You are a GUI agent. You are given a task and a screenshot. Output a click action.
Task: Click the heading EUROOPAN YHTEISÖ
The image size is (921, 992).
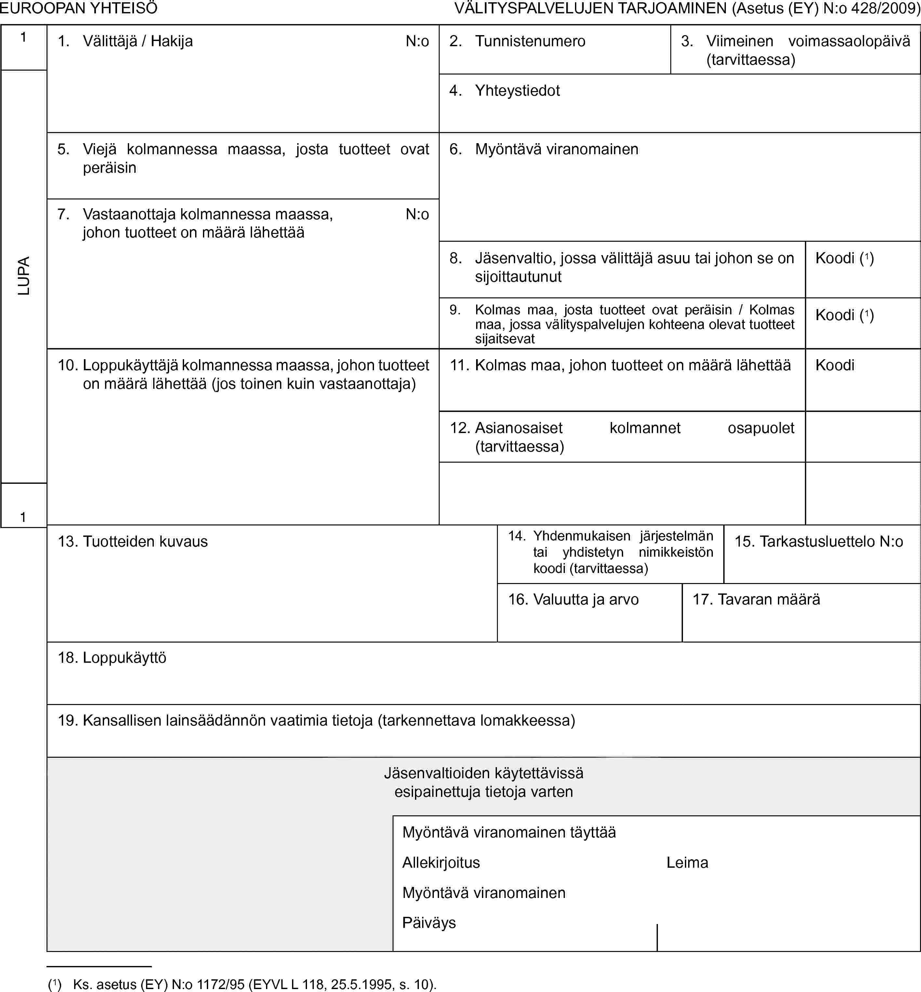pyautogui.click(x=79, y=8)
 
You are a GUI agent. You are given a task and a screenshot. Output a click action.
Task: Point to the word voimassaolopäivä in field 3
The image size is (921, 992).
pyautogui.click(x=849, y=41)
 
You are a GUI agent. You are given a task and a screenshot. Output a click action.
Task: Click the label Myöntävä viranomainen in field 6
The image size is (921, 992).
pyautogui.click(x=556, y=149)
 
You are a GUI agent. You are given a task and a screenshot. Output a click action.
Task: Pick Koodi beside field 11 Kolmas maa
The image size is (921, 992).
pyautogui.click(x=835, y=365)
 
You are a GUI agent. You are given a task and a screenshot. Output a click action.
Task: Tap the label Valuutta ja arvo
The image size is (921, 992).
pyautogui.click(x=586, y=599)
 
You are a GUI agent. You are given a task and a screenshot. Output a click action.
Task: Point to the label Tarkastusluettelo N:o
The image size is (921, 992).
pyautogui.click(x=831, y=541)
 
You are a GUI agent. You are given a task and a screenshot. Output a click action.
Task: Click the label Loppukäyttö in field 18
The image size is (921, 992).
pyautogui.click(x=124, y=658)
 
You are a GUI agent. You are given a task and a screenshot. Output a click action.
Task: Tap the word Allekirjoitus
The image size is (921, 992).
pyautogui.click(x=441, y=863)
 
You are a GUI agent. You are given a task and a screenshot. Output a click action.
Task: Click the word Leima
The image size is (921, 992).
pyautogui.click(x=687, y=863)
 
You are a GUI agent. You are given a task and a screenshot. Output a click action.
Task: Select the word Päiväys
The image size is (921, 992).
pyautogui.click(x=429, y=923)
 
